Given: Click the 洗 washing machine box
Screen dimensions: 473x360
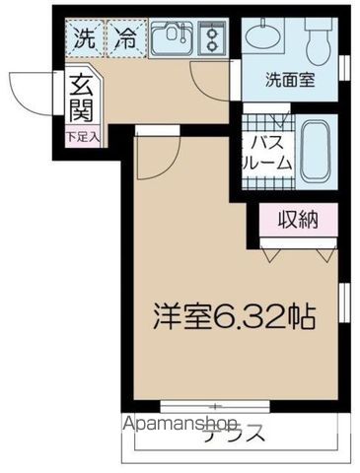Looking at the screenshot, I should pyautogui.click(x=84, y=40).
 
